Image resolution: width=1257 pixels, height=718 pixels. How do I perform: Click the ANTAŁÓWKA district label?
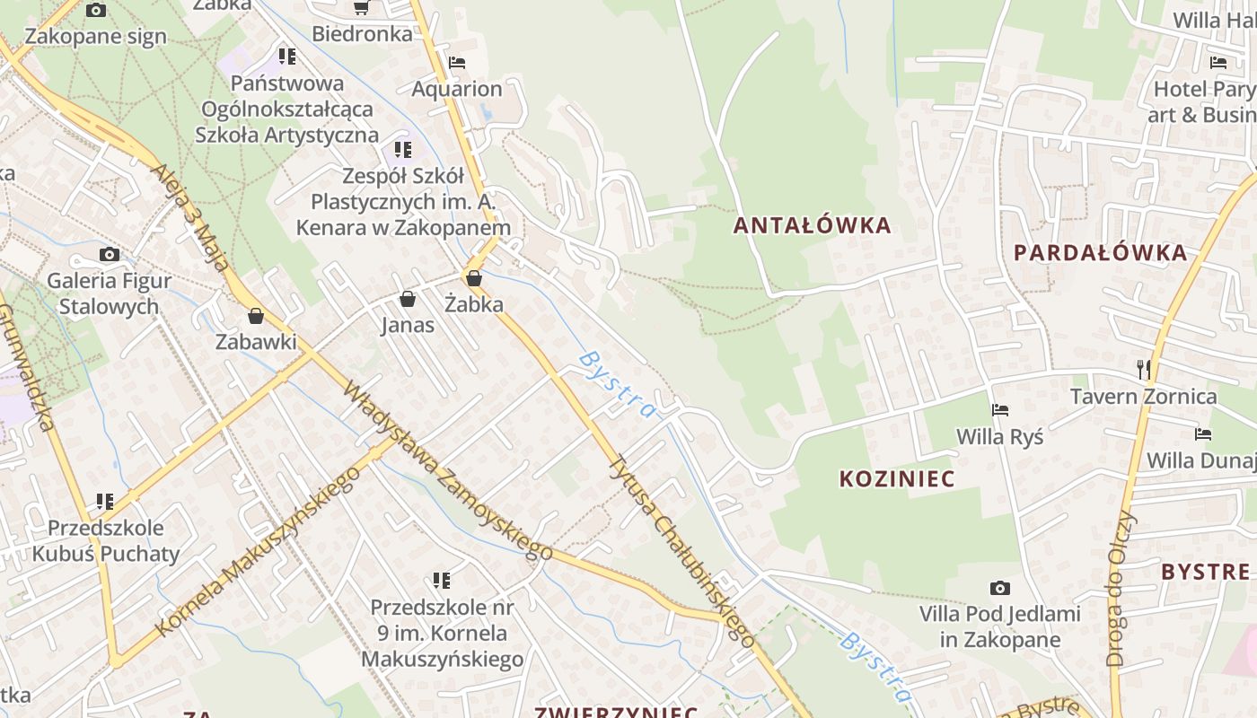pyautogui.click(x=813, y=224)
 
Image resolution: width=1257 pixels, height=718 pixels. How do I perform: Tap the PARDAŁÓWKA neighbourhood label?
pyautogui.click(x=1100, y=252)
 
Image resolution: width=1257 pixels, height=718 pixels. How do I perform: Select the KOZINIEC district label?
pyautogui.click(x=897, y=478)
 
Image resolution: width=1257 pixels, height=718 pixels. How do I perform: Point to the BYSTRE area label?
pyautogui.click(x=1205, y=572)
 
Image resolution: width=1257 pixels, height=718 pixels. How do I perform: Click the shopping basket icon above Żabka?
pyautogui.click(x=474, y=279)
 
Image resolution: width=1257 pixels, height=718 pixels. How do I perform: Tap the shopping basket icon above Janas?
pyautogui.click(x=408, y=299)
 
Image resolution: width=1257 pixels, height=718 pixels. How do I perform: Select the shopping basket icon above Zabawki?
pyautogui.click(x=256, y=316)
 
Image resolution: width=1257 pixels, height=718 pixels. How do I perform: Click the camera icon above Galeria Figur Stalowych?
pyautogui.click(x=110, y=255)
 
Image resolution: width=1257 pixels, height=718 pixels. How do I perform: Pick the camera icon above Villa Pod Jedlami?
pyautogui.click(x=999, y=589)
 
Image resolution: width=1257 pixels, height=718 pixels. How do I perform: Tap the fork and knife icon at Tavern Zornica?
pyautogui.click(x=1143, y=369)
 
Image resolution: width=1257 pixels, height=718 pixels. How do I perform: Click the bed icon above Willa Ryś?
pyautogui.click(x=1000, y=410)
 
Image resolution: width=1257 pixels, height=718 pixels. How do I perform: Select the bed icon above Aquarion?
pyautogui.click(x=457, y=63)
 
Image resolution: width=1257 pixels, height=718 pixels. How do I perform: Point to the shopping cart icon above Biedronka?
pyautogui.click(x=362, y=8)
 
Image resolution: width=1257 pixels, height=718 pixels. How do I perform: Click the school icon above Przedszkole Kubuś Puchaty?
pyautogui.click(x=105, y=501)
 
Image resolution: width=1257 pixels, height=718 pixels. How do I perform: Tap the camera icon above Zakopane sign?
pyautogui.click(x=96, y=11)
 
